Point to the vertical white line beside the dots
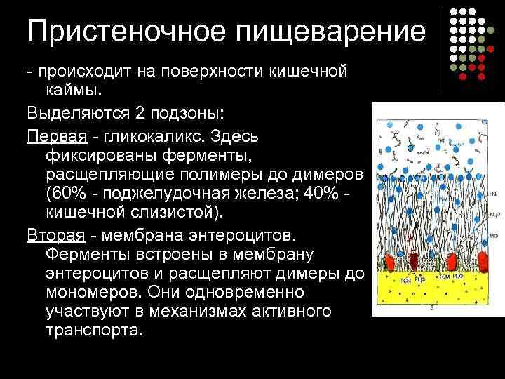click(x=440, y=49)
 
